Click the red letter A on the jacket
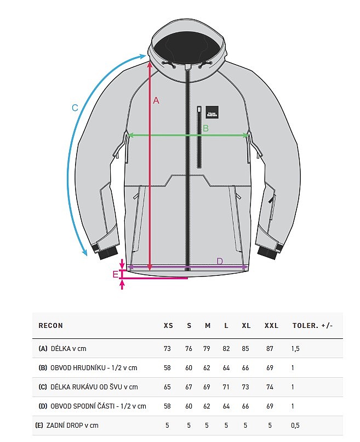(x=156, y=100)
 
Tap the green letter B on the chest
(x=205, y=128)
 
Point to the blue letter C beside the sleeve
(x=75, y=107)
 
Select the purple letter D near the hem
(x=220, y=262)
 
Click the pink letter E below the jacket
(x=116, y=274)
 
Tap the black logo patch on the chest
(x=212, y=112)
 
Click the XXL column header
(x=271, y=326)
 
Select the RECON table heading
(x=51, y=326)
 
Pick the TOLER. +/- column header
(x=313, y=326)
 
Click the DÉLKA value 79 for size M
(x=207, y=349)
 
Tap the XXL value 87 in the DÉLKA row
(x=270, y=349)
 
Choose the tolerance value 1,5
(x=295, y=349)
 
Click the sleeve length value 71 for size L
(x=226, y=387)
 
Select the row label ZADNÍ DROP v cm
(x=72, y=426)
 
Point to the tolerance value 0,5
(x=295, y=426)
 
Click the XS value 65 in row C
(x=167, y=387)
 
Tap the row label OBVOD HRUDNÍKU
(x=77, y=368)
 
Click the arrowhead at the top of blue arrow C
(x=144, y=56)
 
